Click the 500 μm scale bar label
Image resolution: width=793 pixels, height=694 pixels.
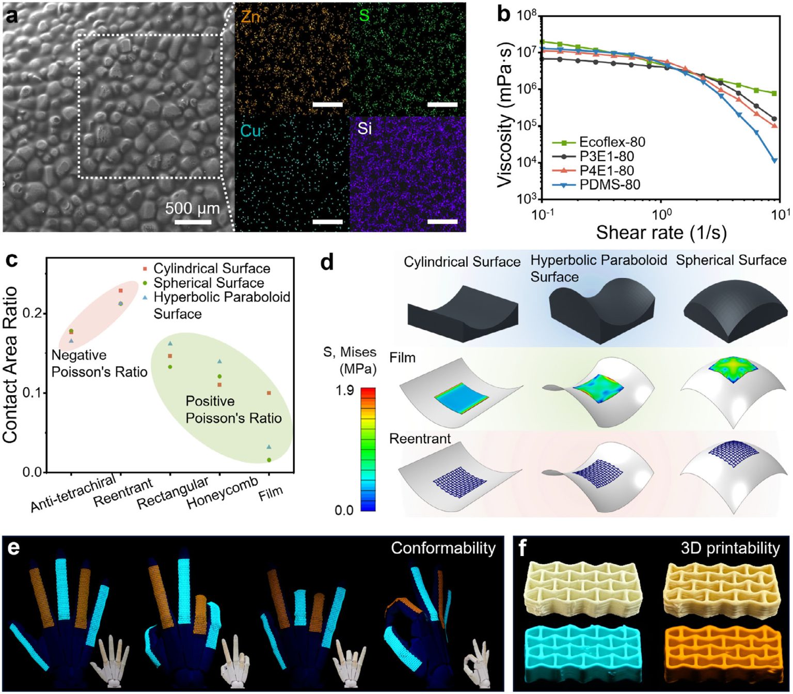click(x=192, y=209)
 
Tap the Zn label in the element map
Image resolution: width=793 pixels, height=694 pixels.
click(x=250, y=17)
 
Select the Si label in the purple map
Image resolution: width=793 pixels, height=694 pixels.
click(x=364, y=128)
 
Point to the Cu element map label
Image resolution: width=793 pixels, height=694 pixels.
click(x=251, y=131)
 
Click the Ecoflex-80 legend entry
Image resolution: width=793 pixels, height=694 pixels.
click(x=612, y=142)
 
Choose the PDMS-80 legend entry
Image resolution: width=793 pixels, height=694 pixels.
click(x=609, y=184)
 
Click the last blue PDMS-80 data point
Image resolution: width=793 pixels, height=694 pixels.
click(x=774, y=161)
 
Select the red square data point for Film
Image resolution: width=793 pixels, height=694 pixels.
click(x=268, y=393)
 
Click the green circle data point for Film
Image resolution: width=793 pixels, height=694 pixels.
click(x=269, y=460)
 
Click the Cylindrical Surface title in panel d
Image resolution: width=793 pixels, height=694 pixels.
click(x=462, y=262)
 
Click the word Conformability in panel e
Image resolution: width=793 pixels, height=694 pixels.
click(x=443, y=548)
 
